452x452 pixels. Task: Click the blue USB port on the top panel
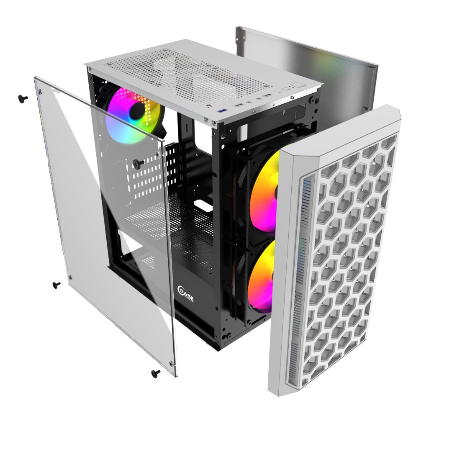point(222,110)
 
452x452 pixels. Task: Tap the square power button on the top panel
point(299,85)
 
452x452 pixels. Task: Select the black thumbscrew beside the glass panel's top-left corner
point(23,98)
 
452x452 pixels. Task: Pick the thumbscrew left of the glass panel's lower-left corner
point(56,285)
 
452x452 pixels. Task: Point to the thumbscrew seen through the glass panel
point(139,162)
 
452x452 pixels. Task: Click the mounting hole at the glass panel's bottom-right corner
point(170,362)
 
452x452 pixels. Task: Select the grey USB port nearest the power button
point(267,96)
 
